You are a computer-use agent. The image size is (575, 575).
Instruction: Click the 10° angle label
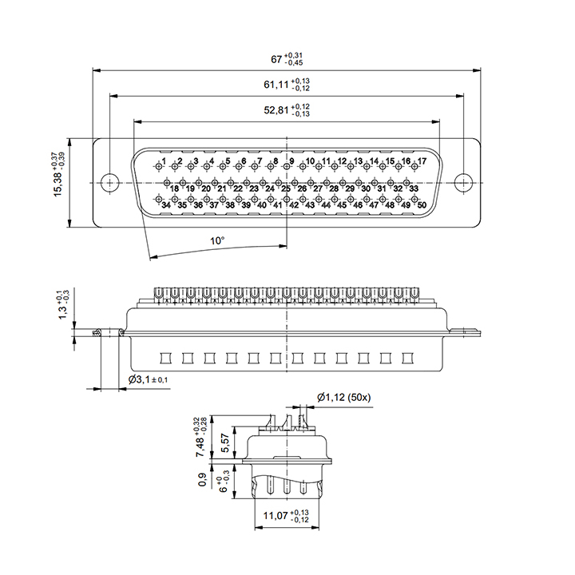(x=217, y=241)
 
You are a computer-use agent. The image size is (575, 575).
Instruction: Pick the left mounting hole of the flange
(x=109, y=183)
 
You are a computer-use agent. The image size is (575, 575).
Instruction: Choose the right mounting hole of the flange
(x=463, y=183)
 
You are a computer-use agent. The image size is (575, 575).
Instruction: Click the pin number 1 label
(x=164, y=161)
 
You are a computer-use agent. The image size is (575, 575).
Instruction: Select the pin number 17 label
(x=422, y=161)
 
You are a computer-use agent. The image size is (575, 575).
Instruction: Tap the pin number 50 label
(x=422, y=205)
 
